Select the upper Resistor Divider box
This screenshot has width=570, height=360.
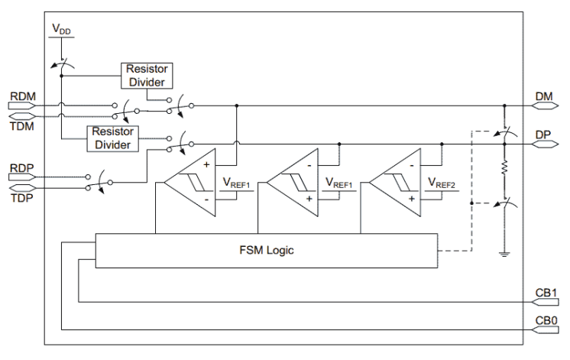click(146, 75)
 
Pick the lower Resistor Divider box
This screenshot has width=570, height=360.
click(112, 138)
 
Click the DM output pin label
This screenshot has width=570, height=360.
click(544, 96)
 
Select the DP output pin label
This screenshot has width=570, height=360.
click(544, 134)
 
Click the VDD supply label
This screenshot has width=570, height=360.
click(62, 30)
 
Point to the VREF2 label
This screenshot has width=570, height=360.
click(442, 183)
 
